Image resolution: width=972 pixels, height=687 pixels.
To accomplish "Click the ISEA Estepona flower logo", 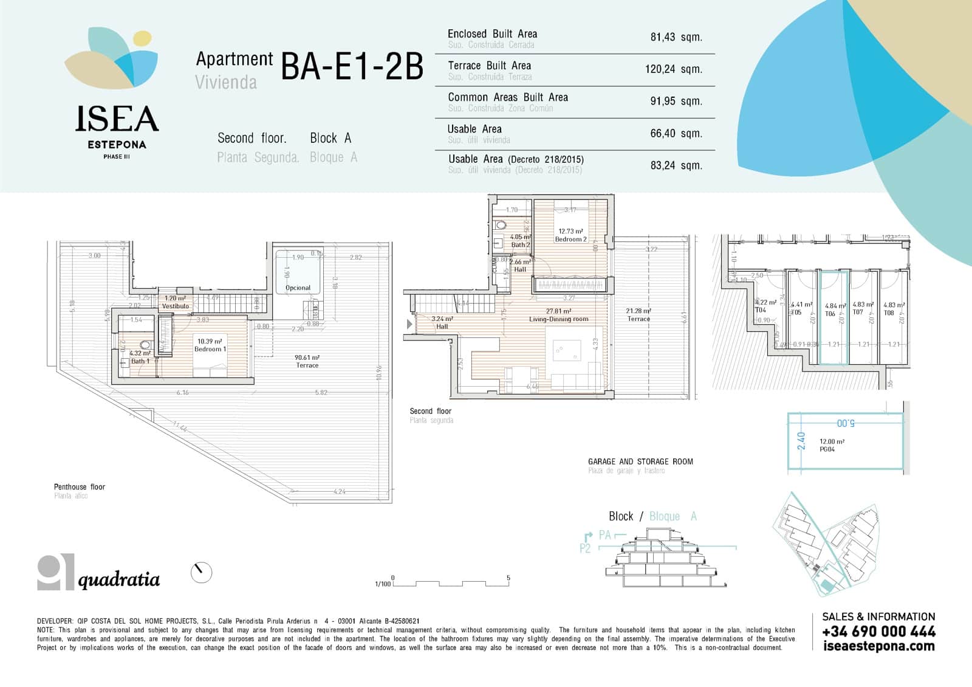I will pyautogui.click(x=112, y=58).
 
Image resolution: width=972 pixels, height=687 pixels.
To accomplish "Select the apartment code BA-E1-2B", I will pyautogui.click(x=352, y=67).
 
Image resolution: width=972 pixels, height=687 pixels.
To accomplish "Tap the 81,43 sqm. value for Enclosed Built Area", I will pyautogui.click(x=676, y=37).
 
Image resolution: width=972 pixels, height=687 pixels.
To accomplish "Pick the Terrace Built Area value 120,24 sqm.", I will pyautogui.click(x=673, y=69).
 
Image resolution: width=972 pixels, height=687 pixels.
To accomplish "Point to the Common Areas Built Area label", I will pyautogui.click(x=508, y=97).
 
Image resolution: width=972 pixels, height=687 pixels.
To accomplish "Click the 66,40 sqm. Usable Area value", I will pyautogui.click(x=676, y=133).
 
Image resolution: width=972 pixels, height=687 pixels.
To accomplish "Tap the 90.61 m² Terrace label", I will pyautogui.click(x=307, y=361).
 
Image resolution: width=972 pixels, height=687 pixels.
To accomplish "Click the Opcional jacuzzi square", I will pyautogui.click(x=298, y=272).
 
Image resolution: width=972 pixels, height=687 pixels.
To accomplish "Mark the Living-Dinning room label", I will pyautogui.click(x=558, y=316).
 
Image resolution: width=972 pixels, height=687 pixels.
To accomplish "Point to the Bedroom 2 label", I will pyautogui.click(x=570, y=235).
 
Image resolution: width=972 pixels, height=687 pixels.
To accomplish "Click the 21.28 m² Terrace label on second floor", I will pyautogui.click(x=638, y=314).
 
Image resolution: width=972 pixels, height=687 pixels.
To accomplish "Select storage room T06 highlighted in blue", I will pyautogui.click(x=833, y=316).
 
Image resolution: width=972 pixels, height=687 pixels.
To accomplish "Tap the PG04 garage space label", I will pyautogui.click(x=827, y=449).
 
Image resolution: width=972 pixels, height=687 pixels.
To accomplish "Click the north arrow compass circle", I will pyautogui.click(x=201, y=572).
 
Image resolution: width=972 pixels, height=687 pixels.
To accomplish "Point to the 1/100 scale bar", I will pyautogui.click(x=450, y=583).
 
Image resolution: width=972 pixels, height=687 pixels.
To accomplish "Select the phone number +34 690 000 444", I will pyautogui.click(x=878, y=632).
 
